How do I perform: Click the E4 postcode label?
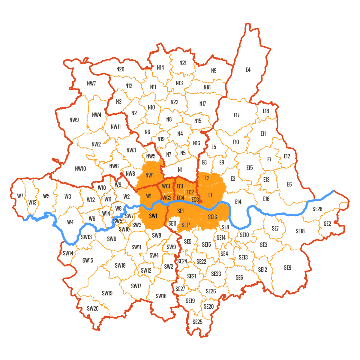[x=248, y=70]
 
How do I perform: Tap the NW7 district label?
[x=91, y=83]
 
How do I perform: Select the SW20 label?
[x=93, y=308]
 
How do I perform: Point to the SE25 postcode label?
[x=197, y=322]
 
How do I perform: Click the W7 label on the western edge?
[x=20, y=196]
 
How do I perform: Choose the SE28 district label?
[x=317, y=209]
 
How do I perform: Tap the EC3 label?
[x=195, y=199]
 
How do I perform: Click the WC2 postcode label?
[x=167, y=198]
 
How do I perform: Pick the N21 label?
[x=183, y=63]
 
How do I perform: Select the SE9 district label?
[x=287, y=268]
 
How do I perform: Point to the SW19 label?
[x=107, y=293]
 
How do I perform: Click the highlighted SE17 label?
[x=186, y=225]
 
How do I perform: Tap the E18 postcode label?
[x=266, y=111]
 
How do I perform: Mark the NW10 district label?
[x=80, y=169]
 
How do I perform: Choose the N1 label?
[x=180, y=170]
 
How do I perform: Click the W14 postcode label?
[x=106, y=213]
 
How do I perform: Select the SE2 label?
[x=327, y=224]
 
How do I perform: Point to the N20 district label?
[x=120, y=69]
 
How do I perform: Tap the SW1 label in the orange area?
[x=153, y=216]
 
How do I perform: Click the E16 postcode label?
[x=266, y=199]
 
